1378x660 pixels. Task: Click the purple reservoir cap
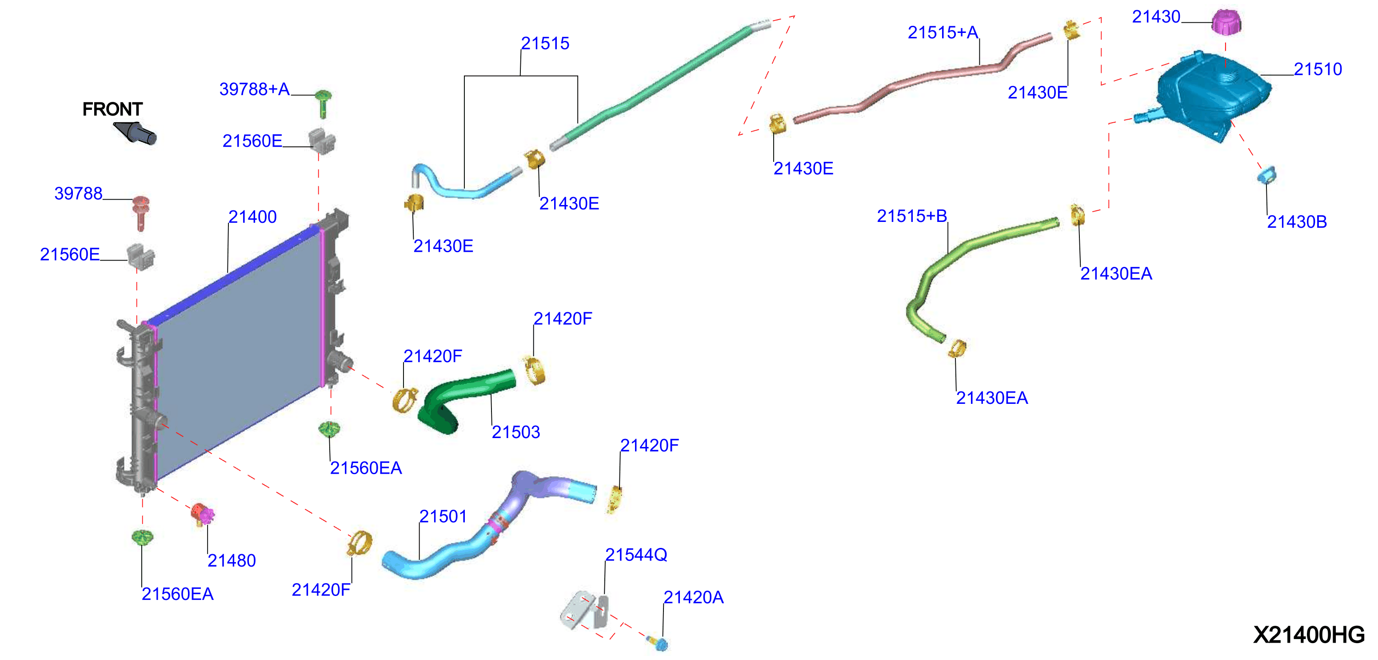pos(1226,22)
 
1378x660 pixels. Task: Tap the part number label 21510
pos(1318,69)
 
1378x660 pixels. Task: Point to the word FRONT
pos(112,109)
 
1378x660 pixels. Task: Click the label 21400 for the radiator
pos(252,217)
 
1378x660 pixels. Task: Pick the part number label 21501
pos(443,516)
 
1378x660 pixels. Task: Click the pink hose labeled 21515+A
pos(923,78)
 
